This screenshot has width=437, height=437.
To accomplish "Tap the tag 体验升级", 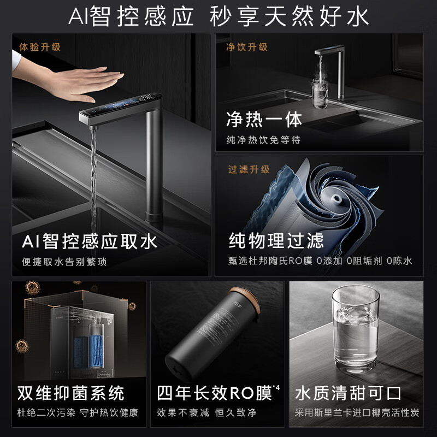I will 39,46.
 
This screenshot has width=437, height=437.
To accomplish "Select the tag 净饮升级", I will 247,47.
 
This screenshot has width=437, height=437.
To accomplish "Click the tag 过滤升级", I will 249,169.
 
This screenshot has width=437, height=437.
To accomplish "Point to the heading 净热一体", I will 264,119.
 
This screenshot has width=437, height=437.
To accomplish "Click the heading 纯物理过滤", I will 276,240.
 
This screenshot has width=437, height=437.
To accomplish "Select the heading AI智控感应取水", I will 90,241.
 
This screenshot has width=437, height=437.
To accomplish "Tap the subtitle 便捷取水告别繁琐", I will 64,262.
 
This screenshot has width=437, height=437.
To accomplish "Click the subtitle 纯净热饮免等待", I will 263,140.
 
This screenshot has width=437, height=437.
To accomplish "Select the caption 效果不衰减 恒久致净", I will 206,412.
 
